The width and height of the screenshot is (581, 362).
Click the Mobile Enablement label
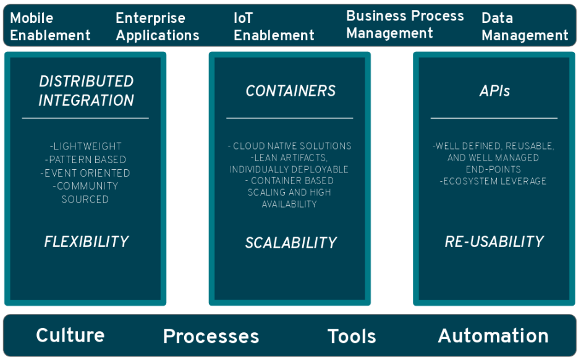click(x=50, y=27)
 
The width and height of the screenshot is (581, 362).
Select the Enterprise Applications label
click(x=157, y=27)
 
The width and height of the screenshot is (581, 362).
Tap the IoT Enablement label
click(x=274, y=27)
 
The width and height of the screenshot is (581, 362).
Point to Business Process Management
click(x=404, y=24)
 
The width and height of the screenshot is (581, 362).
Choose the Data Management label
click(x=524, y=27)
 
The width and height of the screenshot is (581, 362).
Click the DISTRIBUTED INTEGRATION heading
click(x=86, y=91)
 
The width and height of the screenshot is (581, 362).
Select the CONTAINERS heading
click(x=290, y=91)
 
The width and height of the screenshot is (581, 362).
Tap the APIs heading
click(x=494, y=91)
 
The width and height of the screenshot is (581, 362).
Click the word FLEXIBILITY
click(x=86, y=242)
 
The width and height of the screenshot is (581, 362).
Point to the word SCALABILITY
click(x=290, y=243)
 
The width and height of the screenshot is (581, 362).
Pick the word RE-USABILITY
click(x=494, y=242)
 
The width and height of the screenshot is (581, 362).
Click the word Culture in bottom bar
click(x=70, y=335)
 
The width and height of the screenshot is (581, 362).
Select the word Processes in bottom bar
click(x=211, y=337)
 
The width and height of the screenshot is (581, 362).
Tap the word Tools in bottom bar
click(x=351, y=337)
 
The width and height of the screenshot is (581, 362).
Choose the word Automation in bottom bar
click(x=493, y=336)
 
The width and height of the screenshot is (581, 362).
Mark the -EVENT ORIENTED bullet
click(x=86, y=173)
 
